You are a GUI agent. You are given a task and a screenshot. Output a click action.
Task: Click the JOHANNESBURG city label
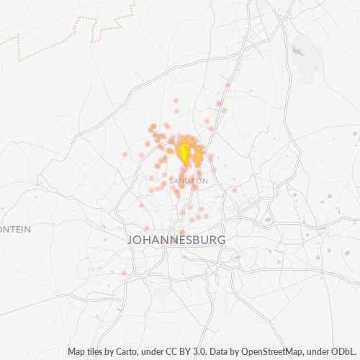[176, 239]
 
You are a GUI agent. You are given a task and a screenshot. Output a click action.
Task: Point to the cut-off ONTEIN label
[15, 229]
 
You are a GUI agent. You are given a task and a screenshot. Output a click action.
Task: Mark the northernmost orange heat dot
[228, 85]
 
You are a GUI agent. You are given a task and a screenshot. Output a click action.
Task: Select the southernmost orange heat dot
[125, 273]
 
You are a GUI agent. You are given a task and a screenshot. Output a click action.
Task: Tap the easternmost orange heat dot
[234, 190]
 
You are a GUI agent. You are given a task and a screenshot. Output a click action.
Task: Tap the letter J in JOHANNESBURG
[130, 240]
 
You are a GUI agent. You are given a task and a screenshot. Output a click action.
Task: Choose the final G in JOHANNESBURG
[222, 240]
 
